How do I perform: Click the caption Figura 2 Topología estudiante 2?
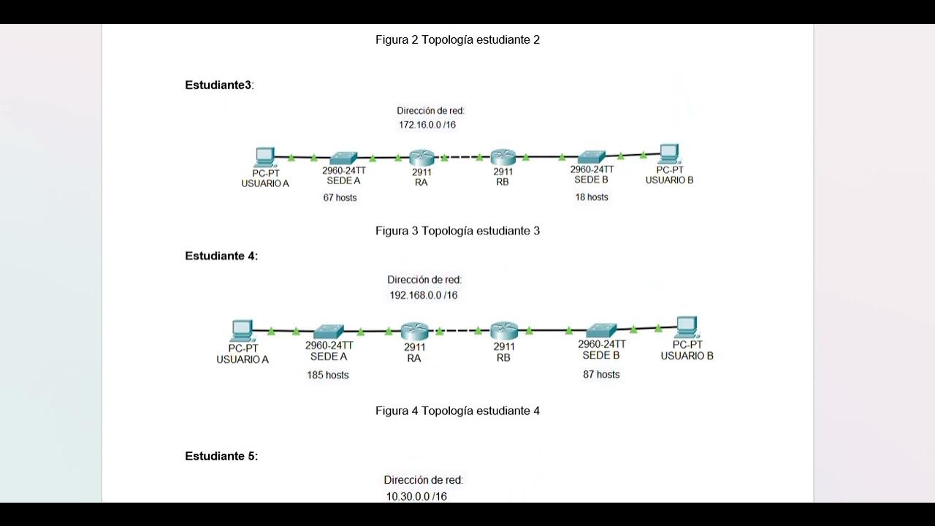(457, 40)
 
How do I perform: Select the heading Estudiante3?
(218, 85)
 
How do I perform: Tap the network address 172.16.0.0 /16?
(427, 125)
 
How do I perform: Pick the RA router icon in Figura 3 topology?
(421, 157)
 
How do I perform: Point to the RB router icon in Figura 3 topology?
(503, 157)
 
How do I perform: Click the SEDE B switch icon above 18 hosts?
(591, 156)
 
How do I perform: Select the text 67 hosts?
(340, 197)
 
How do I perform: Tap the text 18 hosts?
(591, 197)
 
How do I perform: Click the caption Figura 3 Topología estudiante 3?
(457, 231)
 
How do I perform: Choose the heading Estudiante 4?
(221, 256)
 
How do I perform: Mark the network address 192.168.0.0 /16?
(424, 295)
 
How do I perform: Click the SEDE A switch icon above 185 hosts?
(329, 331)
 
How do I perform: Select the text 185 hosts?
(327, 375)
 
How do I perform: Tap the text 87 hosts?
(601, 374)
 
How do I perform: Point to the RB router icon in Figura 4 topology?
(503, 331)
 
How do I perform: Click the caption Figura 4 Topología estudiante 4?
(457, 411)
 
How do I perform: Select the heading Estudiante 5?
(221, 457)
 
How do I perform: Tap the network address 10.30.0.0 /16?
(416, 497)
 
